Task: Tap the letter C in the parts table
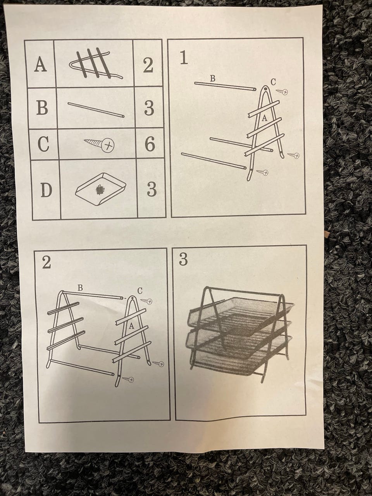[43, 143]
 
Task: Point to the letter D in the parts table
[46, 190]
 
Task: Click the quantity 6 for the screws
[150, 144]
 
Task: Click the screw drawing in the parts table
[99, 143]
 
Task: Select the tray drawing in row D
[101, 188]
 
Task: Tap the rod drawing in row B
[96, 110]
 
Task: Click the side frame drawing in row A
[96, 64]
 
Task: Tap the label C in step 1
[273, 82]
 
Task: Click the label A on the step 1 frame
[265, 118]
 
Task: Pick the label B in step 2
[80, 288]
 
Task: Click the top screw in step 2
[146, 301]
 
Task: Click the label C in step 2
[140, 291]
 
